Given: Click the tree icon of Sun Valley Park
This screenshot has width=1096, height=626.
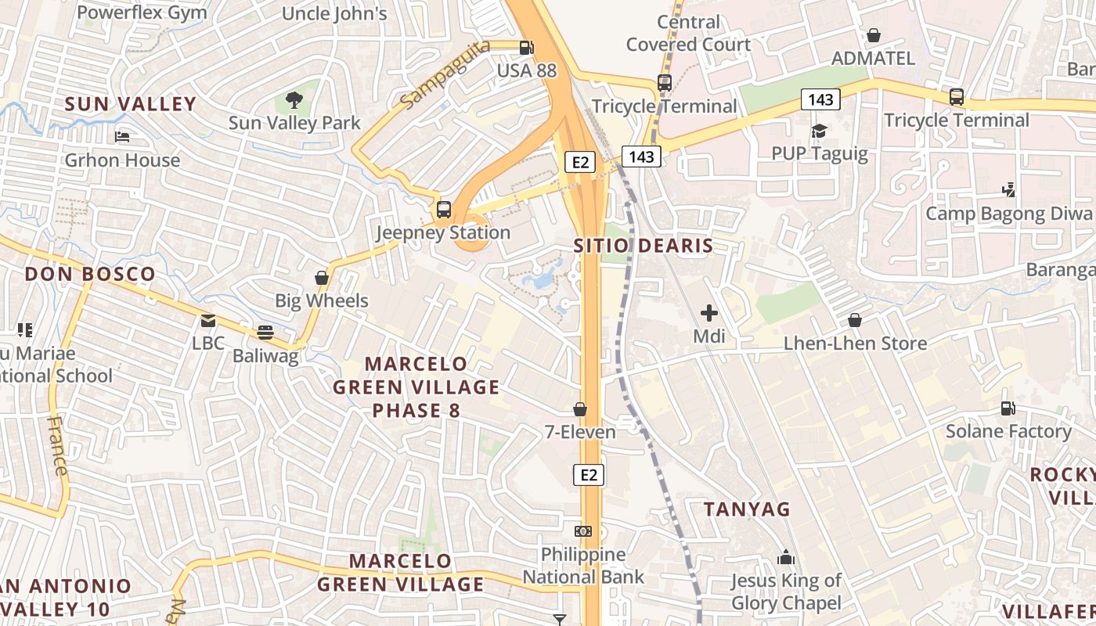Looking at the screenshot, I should (294, 99).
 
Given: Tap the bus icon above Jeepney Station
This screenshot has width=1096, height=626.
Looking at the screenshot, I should (444, 209).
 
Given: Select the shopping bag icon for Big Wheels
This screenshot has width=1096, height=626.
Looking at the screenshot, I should (321, 278).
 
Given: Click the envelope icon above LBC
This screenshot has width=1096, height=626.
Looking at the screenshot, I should (207, 320).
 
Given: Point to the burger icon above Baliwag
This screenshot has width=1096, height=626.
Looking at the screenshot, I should (265, 333).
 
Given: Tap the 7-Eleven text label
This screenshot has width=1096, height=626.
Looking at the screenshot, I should (580, 431).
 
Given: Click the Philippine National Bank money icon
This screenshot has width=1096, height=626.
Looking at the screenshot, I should (583, 531).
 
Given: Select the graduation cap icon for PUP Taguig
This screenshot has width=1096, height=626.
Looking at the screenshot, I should (819, 131).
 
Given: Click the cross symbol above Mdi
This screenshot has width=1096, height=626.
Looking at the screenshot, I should (709, 314).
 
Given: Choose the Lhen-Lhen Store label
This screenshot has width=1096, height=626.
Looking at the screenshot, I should (855, 344).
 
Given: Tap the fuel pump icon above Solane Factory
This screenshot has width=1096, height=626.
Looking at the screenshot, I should (1008, 408).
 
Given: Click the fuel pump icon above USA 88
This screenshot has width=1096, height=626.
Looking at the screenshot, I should (527, 48).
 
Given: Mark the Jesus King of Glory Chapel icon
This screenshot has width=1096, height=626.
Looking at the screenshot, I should (785, 557).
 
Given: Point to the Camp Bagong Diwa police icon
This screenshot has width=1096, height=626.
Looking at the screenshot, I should (1009, 190).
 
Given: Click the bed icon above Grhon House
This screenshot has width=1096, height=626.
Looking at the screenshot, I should (122, 137).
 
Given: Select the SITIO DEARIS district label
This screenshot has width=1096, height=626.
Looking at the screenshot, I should (644, 246).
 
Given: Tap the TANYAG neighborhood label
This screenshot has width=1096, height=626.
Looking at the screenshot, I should (747, 509).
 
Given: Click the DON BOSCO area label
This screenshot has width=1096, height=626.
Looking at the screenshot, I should (90, 274).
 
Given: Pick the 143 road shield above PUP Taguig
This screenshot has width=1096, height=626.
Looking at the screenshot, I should (820, 99).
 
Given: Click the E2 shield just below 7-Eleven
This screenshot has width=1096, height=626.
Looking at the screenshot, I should (589, 474).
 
